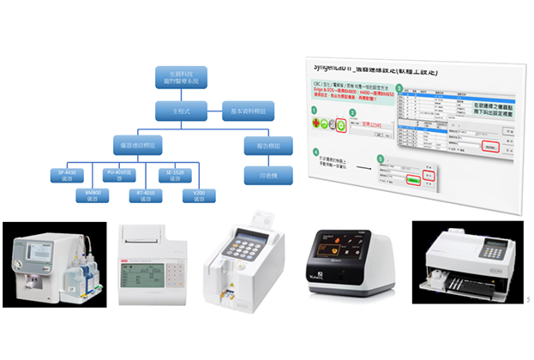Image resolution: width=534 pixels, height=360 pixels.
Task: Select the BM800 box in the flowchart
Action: [94, 196]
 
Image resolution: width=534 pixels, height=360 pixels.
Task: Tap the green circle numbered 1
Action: [314, 110]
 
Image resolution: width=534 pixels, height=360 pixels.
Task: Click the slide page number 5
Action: [526, 299]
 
